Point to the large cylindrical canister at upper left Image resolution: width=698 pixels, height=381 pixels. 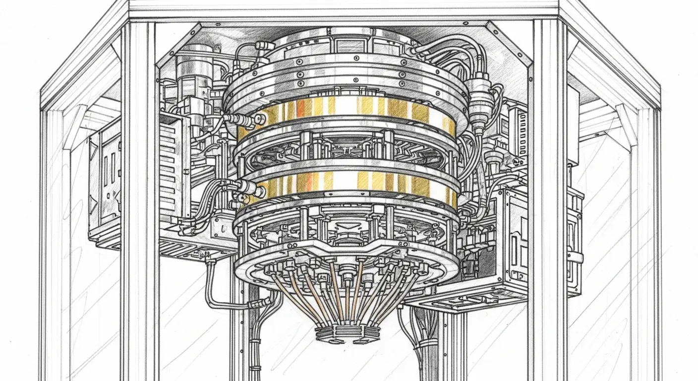click(x=194, y=69)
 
